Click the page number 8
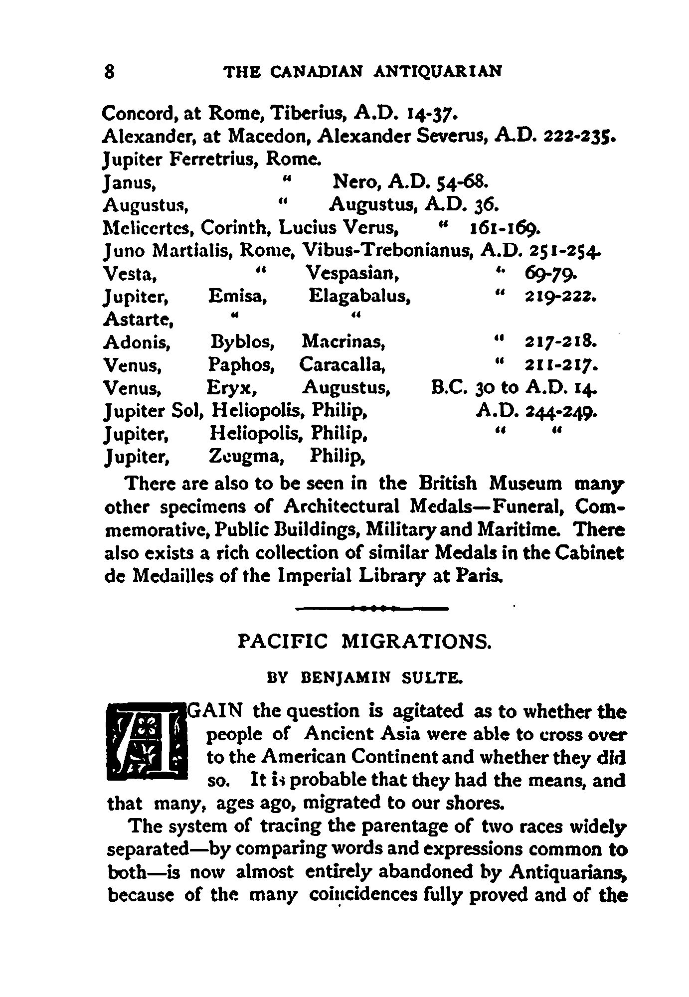pyautogui.click(x=110, y=71)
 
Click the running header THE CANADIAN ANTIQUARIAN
pyautogui.click(x=363, y=71)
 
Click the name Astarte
pyautogui.click(x=137, y=319)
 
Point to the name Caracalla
pyautogui.click(x=342, y=365)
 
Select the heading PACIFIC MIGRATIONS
pyautogui.click(x=365, y=641)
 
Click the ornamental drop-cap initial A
pyautogui.click(x=147, y=741)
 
